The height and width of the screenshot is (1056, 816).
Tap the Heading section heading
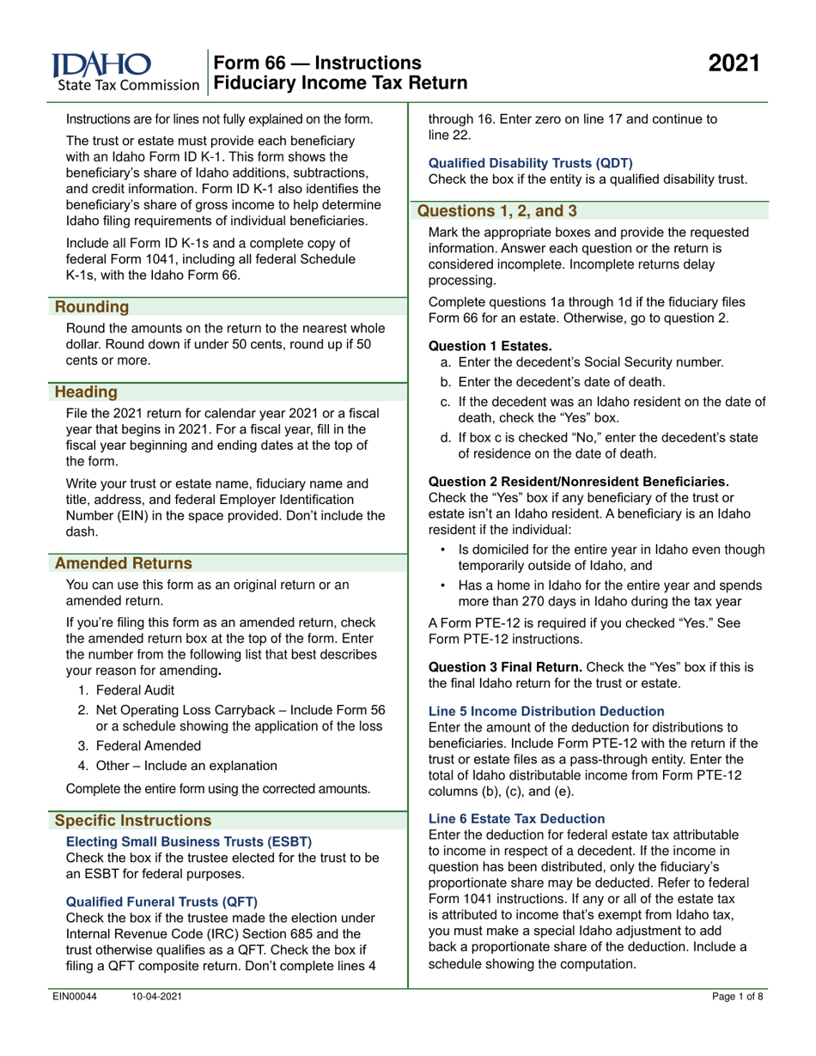tap(87, 391)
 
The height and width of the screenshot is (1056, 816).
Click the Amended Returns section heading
tap(123, 563)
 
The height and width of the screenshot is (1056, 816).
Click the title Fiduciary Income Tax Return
tap(341, 83)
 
